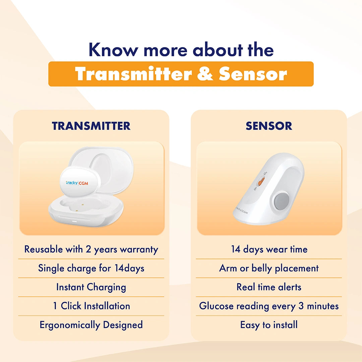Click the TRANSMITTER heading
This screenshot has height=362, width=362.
[x=91, y=126]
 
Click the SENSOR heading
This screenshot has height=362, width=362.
[x=269, y=126]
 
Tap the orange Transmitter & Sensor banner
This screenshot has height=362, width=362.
[x=181, y=74]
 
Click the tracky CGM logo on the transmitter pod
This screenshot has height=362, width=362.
[x=77, y=183]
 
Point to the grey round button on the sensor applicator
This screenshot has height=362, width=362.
[x=282, y=201]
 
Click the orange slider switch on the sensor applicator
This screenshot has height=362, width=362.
[x=260, y=181]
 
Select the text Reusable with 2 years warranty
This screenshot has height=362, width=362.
[x=91, y=250]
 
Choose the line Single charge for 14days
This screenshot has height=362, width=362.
[x=91, y=268]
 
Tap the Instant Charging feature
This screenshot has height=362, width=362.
[x=91, y=287]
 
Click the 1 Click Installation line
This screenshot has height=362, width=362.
[x=92, y=306]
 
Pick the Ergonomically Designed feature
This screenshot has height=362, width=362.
[x=91, y=325]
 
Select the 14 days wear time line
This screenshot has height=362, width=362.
[x=269, y=249]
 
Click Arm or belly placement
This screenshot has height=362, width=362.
[x=269, y=268]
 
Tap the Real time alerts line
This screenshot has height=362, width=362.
[x=269, y=287]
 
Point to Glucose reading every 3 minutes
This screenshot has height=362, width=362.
[x=269, y=306]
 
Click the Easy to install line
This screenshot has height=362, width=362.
[x=269, y=325]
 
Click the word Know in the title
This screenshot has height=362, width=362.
[x=113, y=49]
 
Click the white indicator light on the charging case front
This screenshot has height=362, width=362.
[x=74, y=221]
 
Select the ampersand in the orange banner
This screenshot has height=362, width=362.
[x=205, y=74]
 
